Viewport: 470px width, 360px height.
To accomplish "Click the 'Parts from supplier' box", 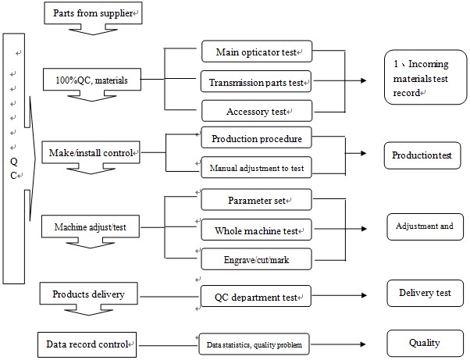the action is point(93,13).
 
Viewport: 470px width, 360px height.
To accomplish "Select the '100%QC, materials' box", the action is point(92,80).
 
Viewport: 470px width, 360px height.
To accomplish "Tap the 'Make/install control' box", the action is point(91,152).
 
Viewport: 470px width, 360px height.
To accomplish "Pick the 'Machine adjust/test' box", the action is point(91,226).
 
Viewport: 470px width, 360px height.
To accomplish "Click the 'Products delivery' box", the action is point(89,294).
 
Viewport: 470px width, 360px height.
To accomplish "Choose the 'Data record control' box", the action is point(87,344).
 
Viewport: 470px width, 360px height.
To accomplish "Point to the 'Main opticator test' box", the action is point(257,52).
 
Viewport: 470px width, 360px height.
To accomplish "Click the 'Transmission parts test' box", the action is point(256,81).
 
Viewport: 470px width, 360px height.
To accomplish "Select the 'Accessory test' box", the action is point(257,111).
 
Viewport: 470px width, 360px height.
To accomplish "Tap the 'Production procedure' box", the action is point(256,137).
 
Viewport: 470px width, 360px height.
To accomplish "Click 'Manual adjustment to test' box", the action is point(256,167).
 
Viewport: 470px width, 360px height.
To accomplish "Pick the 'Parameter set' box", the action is point(256,200).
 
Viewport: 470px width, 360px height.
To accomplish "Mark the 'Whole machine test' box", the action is point(256,230).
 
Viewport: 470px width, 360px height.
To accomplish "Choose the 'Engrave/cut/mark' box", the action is point(256,259).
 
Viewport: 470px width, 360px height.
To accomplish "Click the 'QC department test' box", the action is point(255,296).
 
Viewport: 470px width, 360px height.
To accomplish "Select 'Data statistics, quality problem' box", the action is point(255,344).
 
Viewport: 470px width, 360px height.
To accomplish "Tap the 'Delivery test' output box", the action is point(425,293).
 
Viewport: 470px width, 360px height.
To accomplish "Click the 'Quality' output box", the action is point(425,344).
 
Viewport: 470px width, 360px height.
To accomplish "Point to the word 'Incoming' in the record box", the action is point(429,65).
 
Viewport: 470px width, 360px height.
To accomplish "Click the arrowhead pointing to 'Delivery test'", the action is point(364,295).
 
